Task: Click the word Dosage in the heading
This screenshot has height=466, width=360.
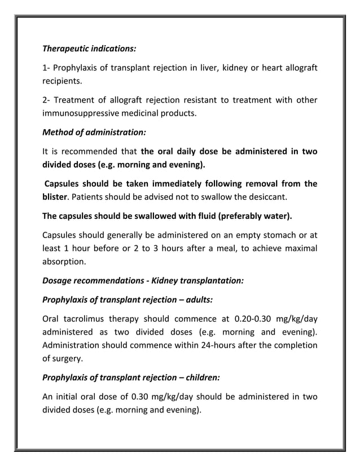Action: [58, 281]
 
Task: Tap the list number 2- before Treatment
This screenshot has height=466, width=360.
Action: [47, 100]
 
